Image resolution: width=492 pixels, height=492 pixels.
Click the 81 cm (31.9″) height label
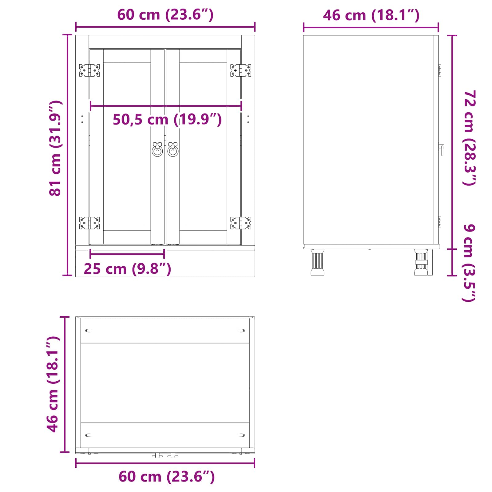point(55,148)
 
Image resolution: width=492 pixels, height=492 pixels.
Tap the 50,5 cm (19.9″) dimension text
point(167,120)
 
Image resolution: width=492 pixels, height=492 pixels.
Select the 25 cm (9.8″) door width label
point(127,269)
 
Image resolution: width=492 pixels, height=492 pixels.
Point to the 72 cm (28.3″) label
point(470,138)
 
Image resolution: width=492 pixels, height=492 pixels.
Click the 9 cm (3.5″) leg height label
point(469,263)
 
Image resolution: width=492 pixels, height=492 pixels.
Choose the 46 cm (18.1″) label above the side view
point(371,15)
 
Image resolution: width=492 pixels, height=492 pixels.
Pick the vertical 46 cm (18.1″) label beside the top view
point(53,384)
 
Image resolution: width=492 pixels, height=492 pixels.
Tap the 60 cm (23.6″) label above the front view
point(165,14)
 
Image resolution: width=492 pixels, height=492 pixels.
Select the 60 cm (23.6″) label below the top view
point(166,477)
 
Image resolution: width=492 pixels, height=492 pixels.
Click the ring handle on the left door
point(157,150)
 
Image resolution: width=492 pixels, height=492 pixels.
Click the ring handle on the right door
point(173,150)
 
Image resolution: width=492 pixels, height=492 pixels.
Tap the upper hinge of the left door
point(89,70)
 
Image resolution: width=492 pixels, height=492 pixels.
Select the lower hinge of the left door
point(89,223)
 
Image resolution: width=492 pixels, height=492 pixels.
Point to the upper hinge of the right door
point(241,70)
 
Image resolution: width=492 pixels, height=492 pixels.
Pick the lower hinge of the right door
point(241,223)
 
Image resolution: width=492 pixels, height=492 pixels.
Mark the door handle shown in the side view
point(442,150)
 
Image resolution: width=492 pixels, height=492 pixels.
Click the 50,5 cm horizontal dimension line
point(166,106)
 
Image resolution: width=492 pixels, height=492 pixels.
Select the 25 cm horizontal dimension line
point(127,254)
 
